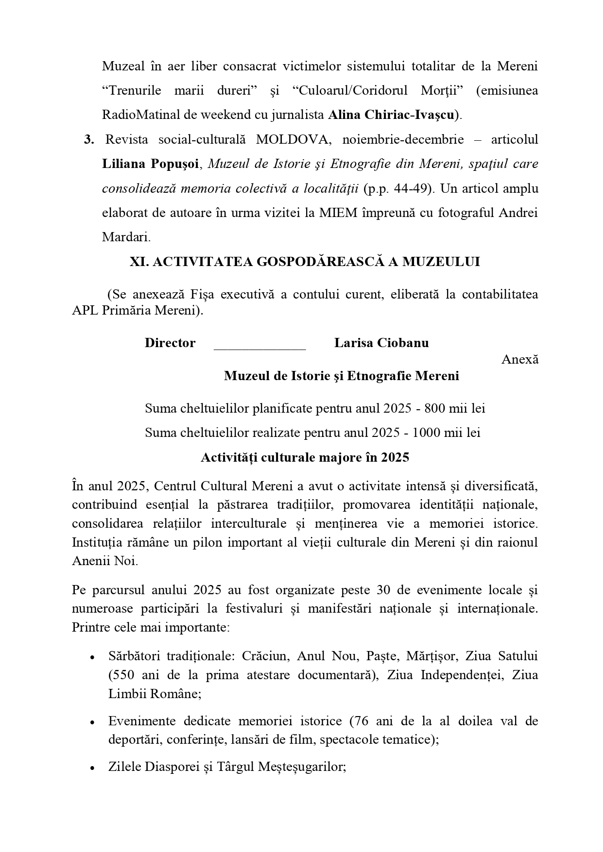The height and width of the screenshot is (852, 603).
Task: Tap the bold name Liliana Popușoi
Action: (151, 164)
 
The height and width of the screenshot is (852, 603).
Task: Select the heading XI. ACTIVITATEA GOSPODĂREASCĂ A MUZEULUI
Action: (305, 262)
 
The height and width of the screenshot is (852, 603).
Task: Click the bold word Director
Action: (170, 343)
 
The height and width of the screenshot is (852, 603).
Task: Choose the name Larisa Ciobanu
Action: (381, 343)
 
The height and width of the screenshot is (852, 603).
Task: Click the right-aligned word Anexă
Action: (520, 360)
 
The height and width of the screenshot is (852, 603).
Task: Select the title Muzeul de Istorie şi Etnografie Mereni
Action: (341, 376)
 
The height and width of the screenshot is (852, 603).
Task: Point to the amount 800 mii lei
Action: (455, 409)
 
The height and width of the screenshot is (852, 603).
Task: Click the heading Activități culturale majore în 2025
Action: (305, 457)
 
